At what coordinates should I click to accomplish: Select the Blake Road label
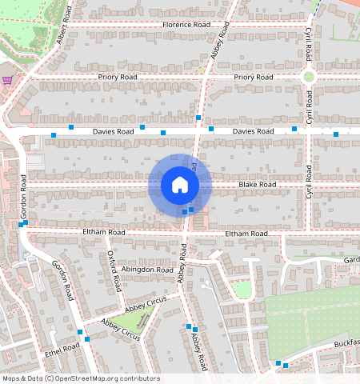257,185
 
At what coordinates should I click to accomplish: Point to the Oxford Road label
114,271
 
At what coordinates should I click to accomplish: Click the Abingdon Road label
150,270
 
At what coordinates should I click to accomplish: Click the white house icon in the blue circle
180,186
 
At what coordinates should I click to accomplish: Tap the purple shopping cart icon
7,80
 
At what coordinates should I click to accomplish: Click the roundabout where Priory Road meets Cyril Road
308,77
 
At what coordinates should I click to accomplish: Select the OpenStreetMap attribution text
81,378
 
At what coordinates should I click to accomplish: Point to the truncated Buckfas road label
346,342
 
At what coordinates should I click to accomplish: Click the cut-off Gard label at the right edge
351,260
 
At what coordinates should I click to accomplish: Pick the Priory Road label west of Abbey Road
118,77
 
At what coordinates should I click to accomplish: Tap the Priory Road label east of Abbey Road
253,77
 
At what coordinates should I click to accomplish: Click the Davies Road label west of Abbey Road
113,130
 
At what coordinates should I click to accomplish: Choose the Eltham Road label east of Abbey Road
246,233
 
